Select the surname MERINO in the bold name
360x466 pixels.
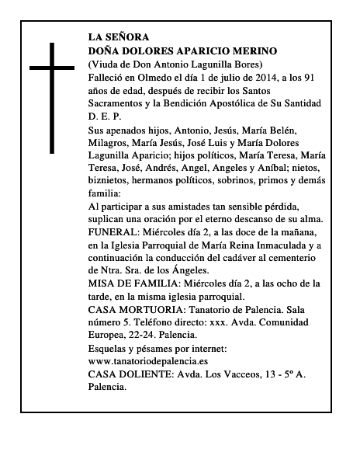point(256,50)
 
